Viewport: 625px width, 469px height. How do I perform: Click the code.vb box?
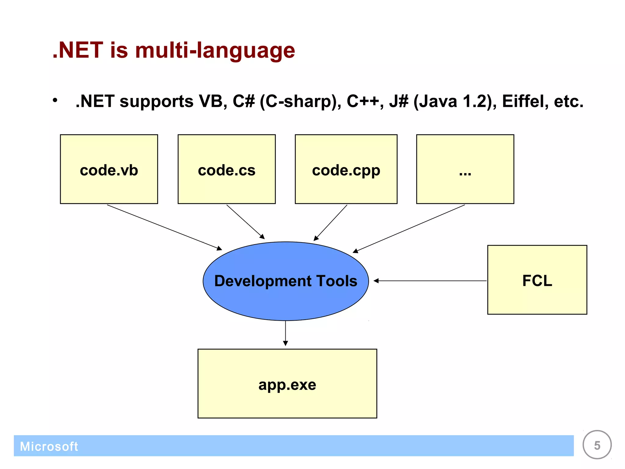pos(109,169)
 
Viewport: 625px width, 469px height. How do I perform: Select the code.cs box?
pos(226,169)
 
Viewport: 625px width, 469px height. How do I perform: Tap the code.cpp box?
pos(346,169)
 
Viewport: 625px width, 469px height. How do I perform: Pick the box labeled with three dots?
pos(465,169)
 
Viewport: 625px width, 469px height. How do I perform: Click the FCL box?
pos(537,280)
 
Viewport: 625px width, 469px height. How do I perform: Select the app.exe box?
pos(287,384)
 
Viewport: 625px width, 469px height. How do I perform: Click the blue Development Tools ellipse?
pos(286,281)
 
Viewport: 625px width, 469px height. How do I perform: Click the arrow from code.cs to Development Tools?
pos(245,222)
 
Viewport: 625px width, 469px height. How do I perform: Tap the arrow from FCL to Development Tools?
pos(430,281)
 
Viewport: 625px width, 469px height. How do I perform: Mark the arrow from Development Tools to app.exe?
pos(286,333)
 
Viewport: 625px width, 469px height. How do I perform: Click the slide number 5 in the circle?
pos(597,445)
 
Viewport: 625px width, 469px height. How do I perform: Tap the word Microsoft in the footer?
pos(49,446)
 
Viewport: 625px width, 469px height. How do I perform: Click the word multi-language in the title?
pos(215,50)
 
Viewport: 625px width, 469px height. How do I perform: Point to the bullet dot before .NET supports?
pos(55,100)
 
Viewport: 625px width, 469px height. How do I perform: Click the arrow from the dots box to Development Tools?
pos(409,228)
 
